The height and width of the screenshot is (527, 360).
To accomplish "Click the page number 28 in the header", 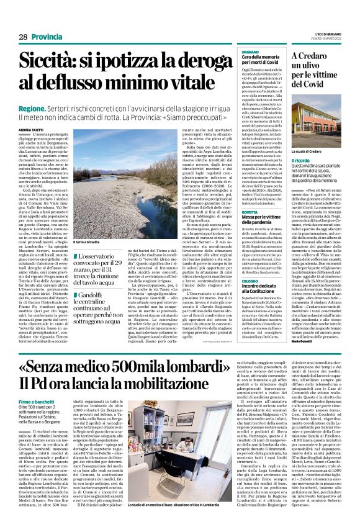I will coord(22,37).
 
